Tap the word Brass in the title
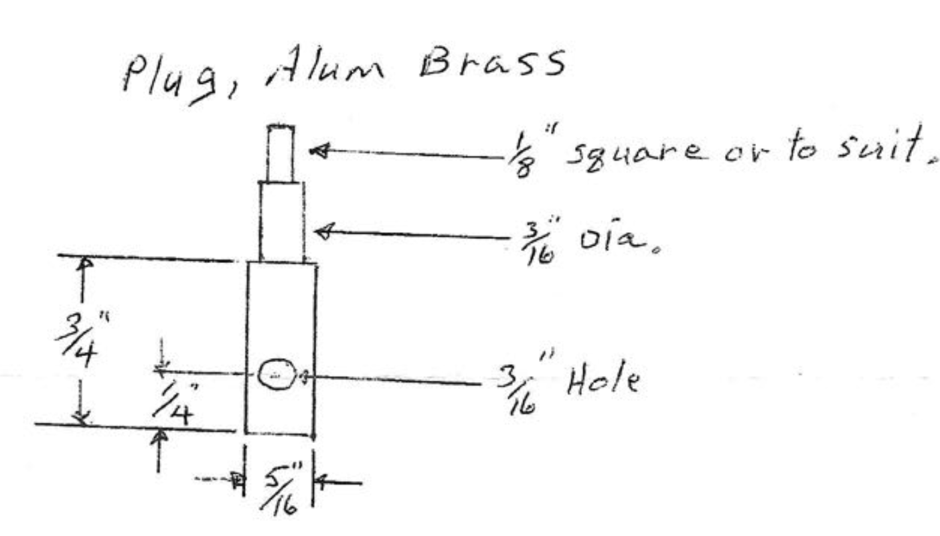(490, 66)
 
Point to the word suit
(877, 149)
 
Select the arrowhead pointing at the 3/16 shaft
(323, 232)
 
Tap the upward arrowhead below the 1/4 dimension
(158, 436)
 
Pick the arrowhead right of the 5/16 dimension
(320, 480)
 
